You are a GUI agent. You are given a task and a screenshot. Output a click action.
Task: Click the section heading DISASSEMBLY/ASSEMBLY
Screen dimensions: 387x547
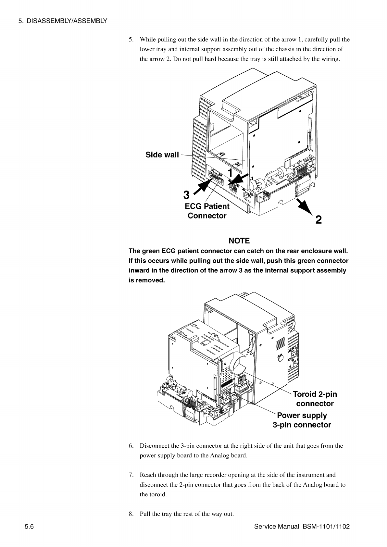(67, 21)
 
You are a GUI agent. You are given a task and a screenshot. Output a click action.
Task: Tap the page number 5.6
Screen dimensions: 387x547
(29, 527)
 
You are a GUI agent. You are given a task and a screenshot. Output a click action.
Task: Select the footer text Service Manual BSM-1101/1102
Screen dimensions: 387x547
(302, 527)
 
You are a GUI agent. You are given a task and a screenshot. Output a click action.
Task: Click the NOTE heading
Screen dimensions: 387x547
(239, 241)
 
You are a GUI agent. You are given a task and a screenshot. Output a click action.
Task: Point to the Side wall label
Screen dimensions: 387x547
(162, 155)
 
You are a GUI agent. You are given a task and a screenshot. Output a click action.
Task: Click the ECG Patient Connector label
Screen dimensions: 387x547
(207, 211)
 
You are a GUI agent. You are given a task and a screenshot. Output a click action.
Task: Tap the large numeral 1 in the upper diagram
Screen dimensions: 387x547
(230, 173)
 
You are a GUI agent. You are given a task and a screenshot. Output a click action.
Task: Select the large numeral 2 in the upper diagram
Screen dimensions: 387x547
(318, 219)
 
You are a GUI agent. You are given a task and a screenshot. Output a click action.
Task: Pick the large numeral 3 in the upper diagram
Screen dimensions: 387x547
(186, 195)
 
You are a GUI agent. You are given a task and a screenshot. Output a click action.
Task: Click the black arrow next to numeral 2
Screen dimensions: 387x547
(305, 207)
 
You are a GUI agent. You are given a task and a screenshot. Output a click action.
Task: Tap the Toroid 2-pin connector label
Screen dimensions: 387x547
(315, 399)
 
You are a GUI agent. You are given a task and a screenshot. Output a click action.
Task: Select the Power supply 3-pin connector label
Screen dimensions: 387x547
(302, 420)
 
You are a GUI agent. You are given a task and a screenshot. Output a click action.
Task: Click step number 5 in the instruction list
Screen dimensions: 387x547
(131, 40)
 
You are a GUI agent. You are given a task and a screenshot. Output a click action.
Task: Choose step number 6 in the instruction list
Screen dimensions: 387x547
(131, 446)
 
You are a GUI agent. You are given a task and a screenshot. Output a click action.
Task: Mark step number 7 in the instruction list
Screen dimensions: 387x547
(131, 475)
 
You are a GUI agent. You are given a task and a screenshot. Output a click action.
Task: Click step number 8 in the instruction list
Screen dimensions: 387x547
(131, 514)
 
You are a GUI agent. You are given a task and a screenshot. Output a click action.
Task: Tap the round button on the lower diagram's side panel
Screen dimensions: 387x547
(280, 358)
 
